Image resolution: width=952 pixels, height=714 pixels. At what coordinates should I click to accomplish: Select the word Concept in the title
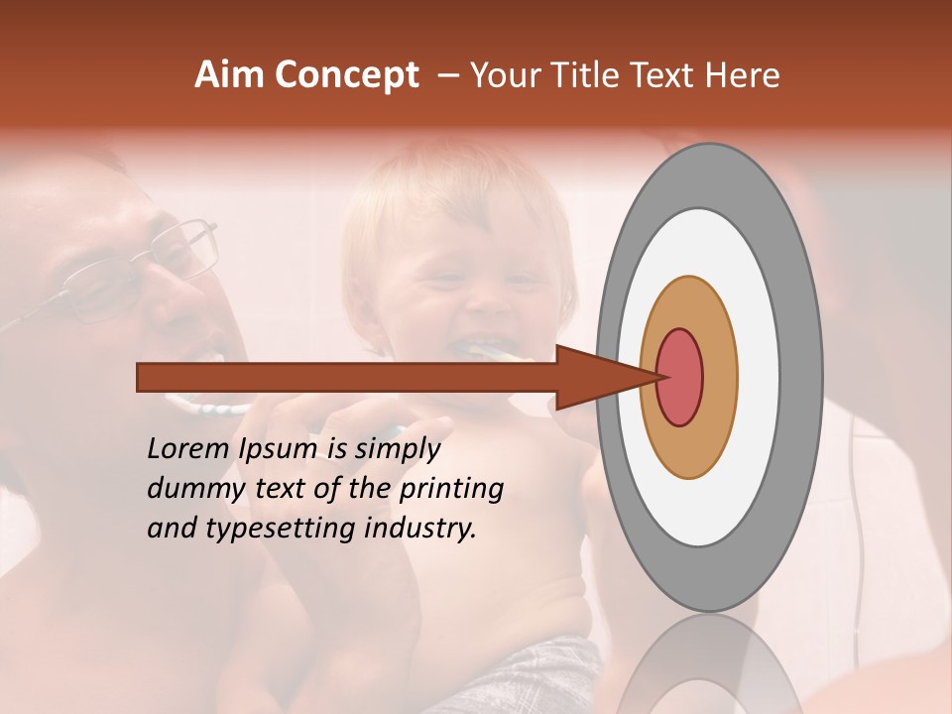(x=346, y=76)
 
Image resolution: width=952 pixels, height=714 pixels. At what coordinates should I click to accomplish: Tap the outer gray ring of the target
(x=800, y=377)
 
